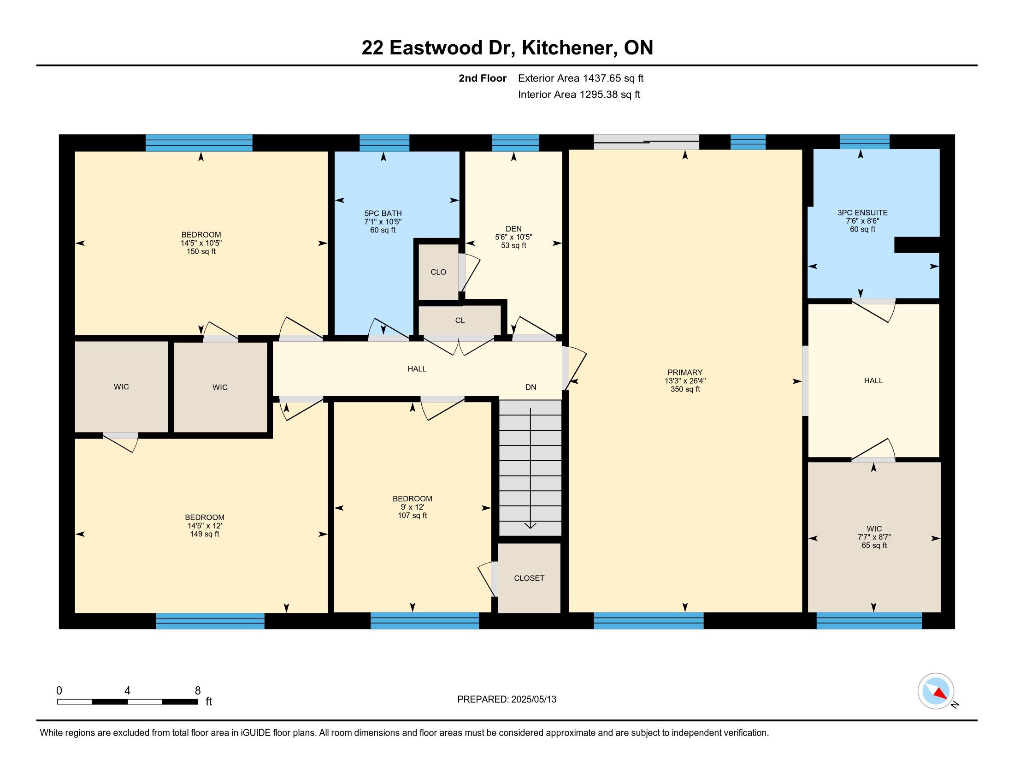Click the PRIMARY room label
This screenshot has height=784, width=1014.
pyautogui.click(x=685, y=373)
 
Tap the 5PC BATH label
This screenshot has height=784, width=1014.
pyautogui.click(x=383, y=214)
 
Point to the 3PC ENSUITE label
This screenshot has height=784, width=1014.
pyautogui.click(x=862, y=213)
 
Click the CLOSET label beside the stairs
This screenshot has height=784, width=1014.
pyautogui.click(x=529, y=578)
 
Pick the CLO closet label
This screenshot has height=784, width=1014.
pyautogui.click(x=438, y=272)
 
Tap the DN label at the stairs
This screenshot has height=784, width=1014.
pyautogui.click(x=531, y=387)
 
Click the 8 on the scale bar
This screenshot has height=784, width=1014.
pyautogui.click(x=198, y=691)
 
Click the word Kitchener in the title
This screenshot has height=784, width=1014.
pyautogui.click(x=570, y=48)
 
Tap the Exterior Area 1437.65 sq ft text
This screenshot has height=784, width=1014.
pyautogui.click(x=581, y=78)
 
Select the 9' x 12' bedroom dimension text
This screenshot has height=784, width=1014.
pyautogui.click(x=413, y=507)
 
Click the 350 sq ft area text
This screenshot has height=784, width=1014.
pyautogui.click(x=685, y=389)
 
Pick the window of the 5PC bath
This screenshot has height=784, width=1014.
pyautogui.click(x=384, y=143)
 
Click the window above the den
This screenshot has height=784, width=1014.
pyautogui.click(x=515, y=143)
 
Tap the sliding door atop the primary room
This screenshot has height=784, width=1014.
pyautogui.click(x=646, y=142)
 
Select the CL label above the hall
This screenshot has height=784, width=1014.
pyautogui.click(x=460, y=321)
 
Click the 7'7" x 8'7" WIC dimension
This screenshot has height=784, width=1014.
pyautogui.click(x=874, y=537)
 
